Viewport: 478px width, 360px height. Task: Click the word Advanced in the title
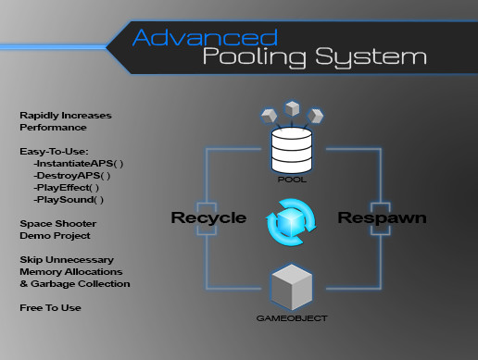[x=205, y=37]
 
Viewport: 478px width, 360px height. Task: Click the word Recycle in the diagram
[x=208, y=218]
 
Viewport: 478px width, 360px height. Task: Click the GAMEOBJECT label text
[x=291, y=318]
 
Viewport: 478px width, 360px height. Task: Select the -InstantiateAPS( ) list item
[x=78, y=163]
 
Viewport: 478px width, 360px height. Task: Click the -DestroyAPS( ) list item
[x=70, y=175]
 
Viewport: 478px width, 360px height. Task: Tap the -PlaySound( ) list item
[x=68, y=199]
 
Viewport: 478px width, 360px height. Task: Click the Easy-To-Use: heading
[x=53, y=150]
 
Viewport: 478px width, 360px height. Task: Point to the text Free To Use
[x=51, y=306]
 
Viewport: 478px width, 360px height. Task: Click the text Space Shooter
[x=57, y=223]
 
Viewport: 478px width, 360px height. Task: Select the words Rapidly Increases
[x=65, y=115]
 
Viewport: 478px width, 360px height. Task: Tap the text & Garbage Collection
[x=75, y=283]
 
